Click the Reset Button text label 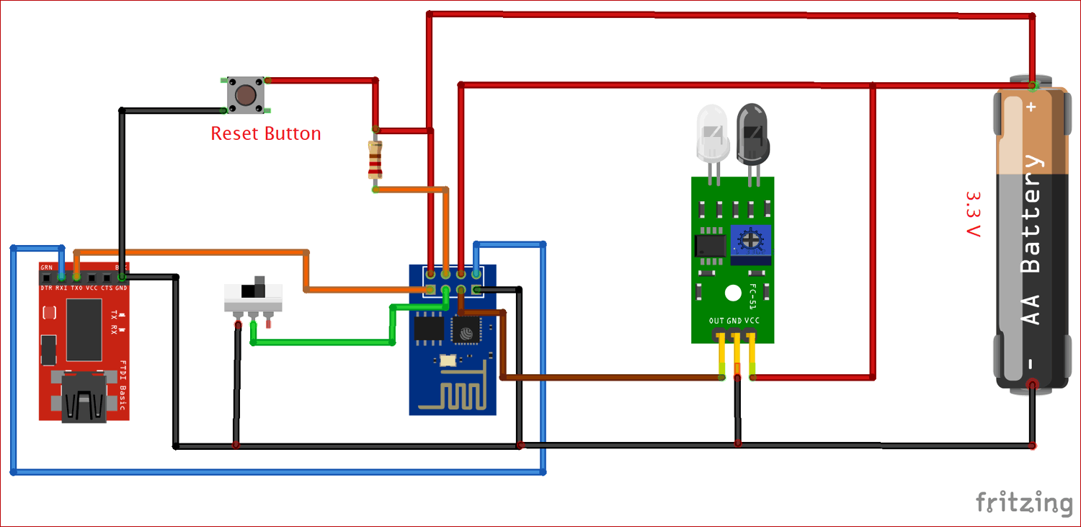coord(265,134)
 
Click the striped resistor coord(375,159)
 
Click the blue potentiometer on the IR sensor coord(750,240)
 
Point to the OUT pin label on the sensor coord(716,321)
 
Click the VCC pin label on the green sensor coord(752,321)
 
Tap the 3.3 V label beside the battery coord(973,214)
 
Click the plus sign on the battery coord(1031,107)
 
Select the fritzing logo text coord(1024,502)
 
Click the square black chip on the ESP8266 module coord(465,332)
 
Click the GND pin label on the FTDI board coord(121,288)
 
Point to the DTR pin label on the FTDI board coord(46,288)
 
